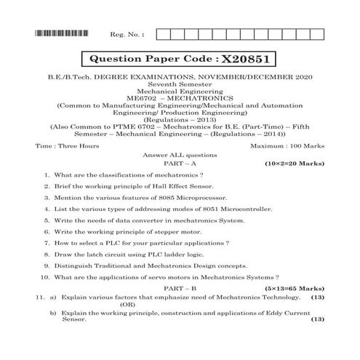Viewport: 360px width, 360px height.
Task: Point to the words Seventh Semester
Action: tap(180, 84)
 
